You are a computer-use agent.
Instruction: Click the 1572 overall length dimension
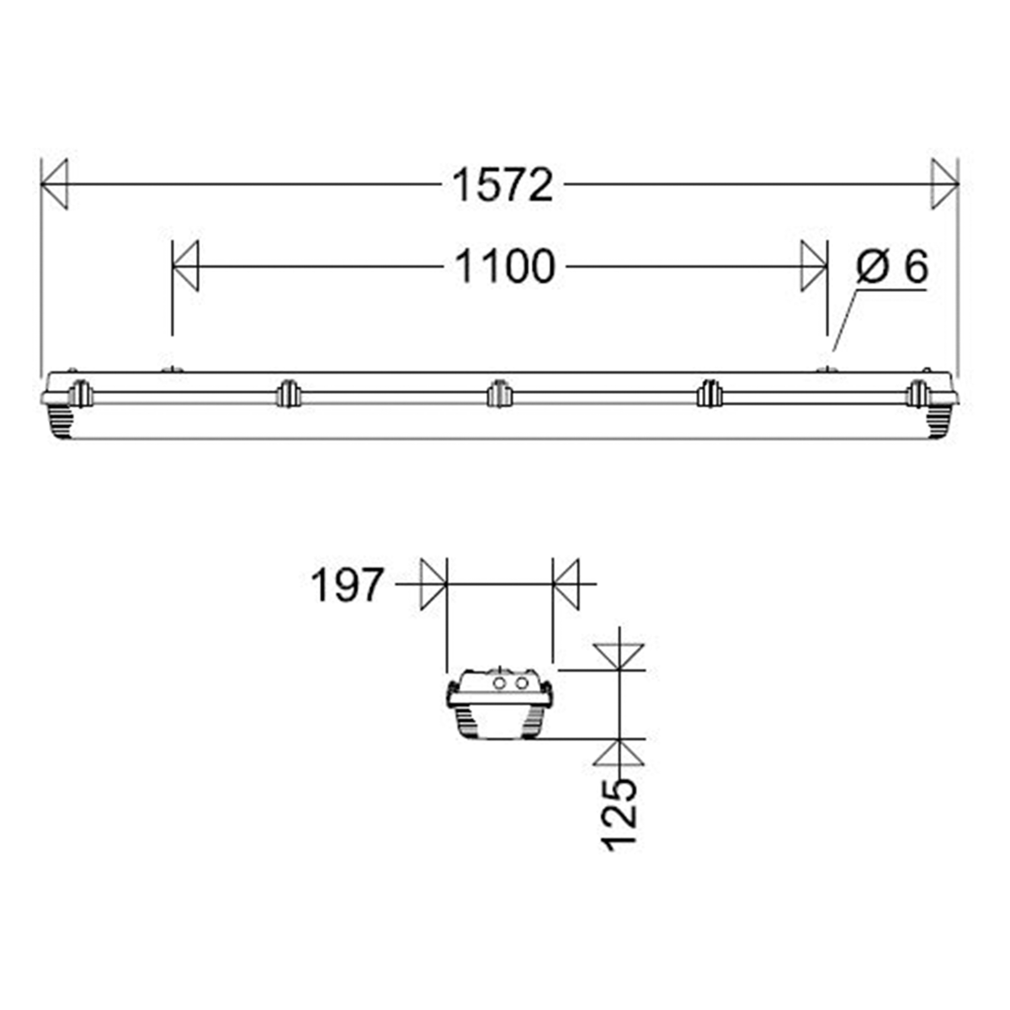(x=503, y=184)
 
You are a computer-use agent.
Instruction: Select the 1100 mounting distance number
(x=505, y=267)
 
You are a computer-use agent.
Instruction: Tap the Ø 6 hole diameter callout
(x=891, y=268)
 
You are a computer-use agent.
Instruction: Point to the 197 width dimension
(x=348, y=584)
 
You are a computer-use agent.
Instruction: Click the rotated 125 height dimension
(x=622, y=814)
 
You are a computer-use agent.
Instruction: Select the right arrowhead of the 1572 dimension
(x=944, y=183)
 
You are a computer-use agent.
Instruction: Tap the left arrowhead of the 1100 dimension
(x=185, y=267)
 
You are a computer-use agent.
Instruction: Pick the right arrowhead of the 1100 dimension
(x=814, y=267)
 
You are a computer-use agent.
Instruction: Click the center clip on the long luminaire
(x=499, y=393)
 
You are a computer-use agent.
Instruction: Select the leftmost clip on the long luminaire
(x=80, y=393)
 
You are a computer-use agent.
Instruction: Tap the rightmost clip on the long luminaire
(x=917, y=393)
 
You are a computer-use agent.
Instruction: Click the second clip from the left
(x=288, y=393)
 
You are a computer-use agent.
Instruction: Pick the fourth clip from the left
(x=709, y=393)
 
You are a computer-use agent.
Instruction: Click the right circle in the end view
(x=522, y=683)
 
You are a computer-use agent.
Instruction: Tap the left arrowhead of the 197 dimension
(x=433, y=583)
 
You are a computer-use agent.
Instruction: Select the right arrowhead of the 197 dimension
(x=566, y=583)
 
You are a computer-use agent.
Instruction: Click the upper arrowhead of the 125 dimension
(x=619, y=656)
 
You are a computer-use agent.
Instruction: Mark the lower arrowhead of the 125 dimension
(x=619, y=752)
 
